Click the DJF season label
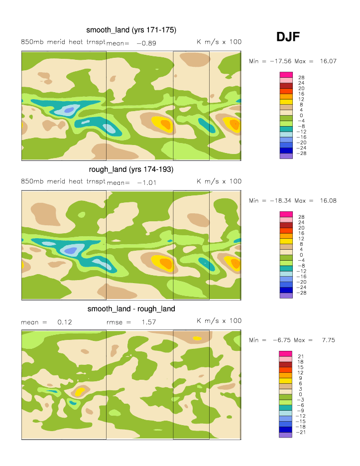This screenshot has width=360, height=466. tap(288, 36)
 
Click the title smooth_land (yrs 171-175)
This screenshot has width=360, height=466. tap(131, 29)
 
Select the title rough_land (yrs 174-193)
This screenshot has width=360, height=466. tap(131, 169)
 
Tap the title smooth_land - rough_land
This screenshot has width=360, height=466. tap(131, 309)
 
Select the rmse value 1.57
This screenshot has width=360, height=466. tap(149, 322)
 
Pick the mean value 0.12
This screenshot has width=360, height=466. tap(65, 322)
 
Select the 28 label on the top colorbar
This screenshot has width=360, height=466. tap(301, 78)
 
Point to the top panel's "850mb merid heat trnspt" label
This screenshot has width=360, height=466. tap(63, 42)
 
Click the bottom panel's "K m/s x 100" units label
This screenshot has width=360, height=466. tap(219, 320)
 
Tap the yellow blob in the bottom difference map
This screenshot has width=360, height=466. tap(79, 392)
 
